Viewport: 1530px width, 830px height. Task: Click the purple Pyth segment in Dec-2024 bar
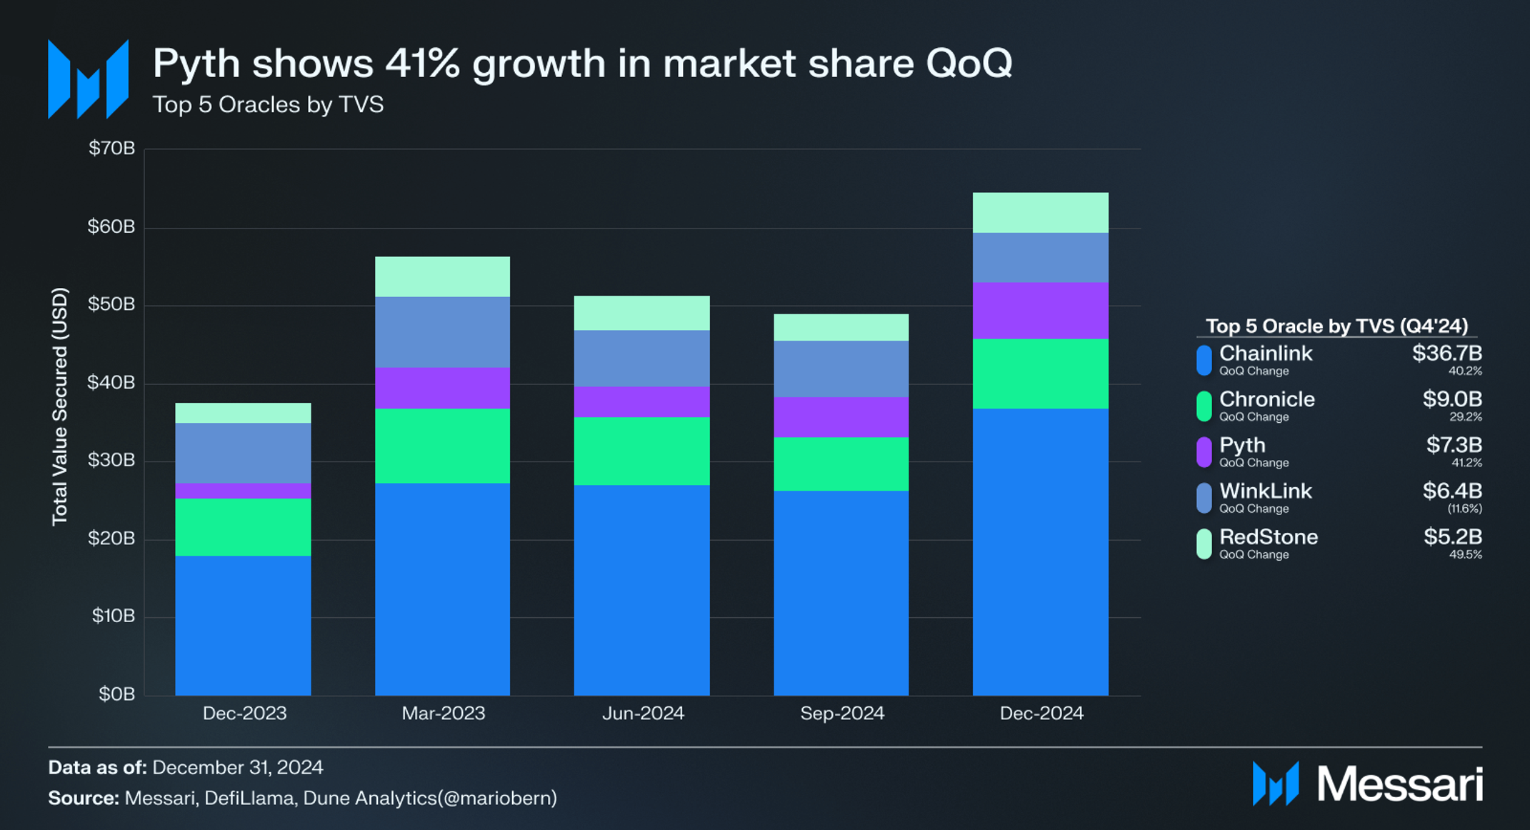pos(1040,310)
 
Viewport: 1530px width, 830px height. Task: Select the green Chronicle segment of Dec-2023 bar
pos(243,526)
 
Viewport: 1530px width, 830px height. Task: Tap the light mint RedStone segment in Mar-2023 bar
pos(442,276)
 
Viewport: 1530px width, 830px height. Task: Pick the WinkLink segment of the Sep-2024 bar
pos(841,369)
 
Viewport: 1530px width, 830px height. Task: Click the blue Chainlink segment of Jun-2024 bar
pos(641,589)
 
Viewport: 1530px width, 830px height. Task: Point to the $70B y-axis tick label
pos(111,148)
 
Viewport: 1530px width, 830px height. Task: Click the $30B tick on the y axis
pos(111,460)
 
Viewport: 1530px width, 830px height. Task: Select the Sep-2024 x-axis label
pos(841,713)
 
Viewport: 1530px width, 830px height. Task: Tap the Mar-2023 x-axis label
pos(443,713)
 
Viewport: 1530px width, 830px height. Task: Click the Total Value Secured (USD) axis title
pos(60,406)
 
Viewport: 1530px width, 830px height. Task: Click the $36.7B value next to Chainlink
pos(1446,353)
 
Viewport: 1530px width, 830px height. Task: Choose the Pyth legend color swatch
pos(1204,452)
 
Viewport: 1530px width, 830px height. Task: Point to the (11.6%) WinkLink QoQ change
pos(1464,509)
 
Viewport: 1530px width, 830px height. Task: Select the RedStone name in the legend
pos(1268,536)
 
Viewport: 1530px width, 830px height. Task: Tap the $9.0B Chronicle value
pos(1451,399)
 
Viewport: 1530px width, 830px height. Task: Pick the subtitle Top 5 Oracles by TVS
pos(268,105)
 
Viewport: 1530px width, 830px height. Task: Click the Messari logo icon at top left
pos(88,79)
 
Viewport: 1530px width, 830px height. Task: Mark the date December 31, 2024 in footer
pos(237,767)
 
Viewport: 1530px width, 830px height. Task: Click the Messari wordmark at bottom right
pos(1399,784)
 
